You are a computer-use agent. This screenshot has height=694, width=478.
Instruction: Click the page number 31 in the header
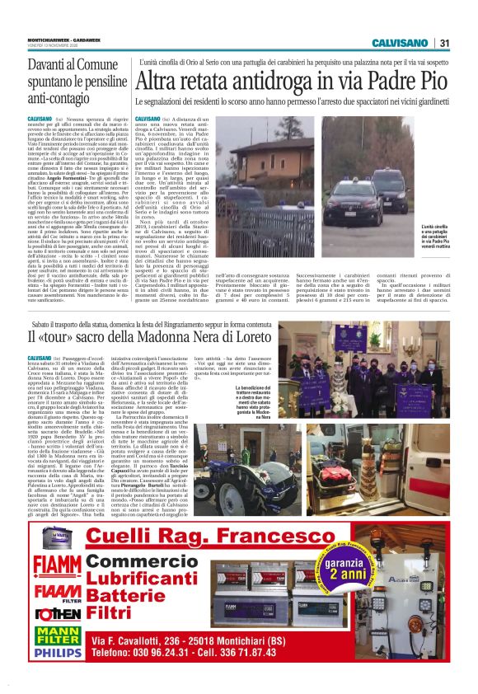pyautogui.click(x=444, y=43)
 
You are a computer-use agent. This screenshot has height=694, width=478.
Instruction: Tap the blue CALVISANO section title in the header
pyautogui.click(x=400, y=43)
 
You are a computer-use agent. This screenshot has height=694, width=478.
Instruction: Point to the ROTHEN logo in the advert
pyautogui.click(x=57, y=635)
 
